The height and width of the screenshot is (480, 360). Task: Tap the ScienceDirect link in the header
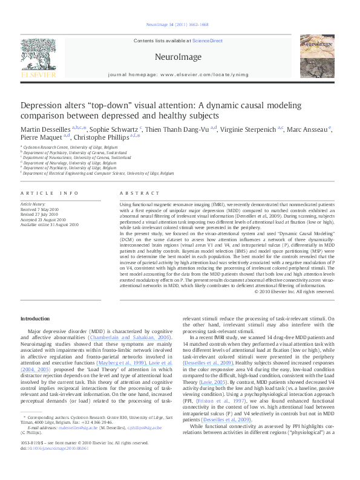point(207,41)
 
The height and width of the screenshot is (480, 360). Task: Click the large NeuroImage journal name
point(177,56)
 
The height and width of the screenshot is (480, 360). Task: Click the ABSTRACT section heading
point(140,193)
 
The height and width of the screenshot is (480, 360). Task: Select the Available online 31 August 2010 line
point(50,224)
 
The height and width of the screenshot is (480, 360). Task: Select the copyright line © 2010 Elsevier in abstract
point(295,291)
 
